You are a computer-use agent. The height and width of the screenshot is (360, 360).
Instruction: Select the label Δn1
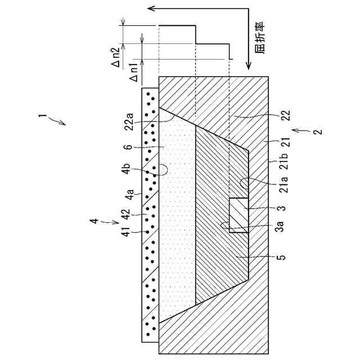coord(135,70)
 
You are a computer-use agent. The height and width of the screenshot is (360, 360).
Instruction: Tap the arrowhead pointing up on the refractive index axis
coord(148,8)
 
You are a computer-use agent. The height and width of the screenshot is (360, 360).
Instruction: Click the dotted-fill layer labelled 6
coord(177,225)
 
